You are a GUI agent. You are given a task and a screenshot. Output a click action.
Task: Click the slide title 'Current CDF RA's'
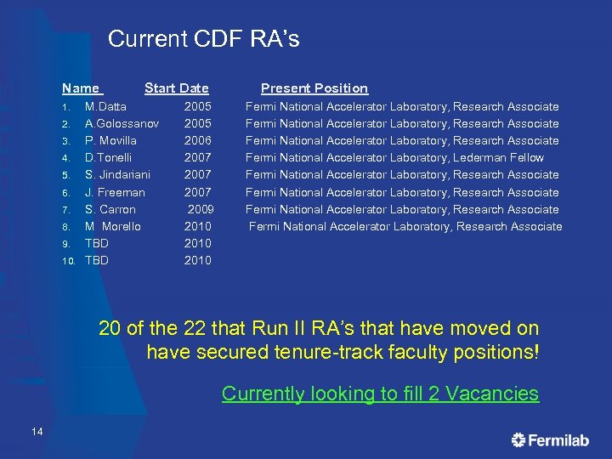204,39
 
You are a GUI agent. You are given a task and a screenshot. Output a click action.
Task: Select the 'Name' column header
81,88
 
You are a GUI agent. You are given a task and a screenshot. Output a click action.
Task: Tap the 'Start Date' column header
176,88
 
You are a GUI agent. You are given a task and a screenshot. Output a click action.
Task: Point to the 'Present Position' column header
314,88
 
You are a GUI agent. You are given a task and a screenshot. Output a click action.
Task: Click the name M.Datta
105,107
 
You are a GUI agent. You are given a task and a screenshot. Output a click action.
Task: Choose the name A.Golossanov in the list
122,124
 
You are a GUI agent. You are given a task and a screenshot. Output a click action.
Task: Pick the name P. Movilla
110,141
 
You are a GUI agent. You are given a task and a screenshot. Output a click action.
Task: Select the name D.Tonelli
108,158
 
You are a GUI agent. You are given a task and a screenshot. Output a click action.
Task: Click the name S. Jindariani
117,175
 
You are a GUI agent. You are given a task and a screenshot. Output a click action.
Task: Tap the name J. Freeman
115,193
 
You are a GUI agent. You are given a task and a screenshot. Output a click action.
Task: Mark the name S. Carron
110,210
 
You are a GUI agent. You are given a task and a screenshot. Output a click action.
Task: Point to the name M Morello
112,227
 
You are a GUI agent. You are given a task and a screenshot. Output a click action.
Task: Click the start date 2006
198,141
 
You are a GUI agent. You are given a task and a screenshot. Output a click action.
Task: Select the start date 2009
201,210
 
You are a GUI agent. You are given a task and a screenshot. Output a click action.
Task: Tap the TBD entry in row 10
97,261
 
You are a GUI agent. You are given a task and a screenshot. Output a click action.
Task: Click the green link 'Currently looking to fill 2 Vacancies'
380,394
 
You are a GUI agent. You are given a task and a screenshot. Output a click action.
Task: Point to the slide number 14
37,433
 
